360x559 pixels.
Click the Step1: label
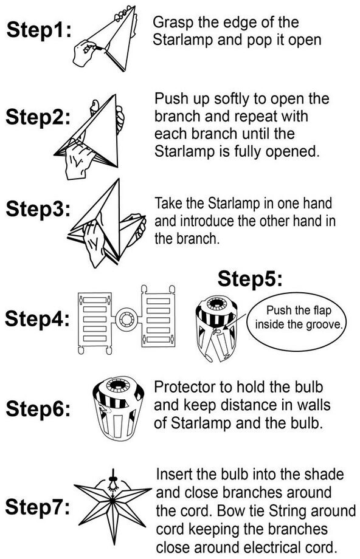[39, 29]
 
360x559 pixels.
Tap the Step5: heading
[250, 278]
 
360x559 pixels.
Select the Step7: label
[38, 506]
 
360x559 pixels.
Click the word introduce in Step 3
[207, 221]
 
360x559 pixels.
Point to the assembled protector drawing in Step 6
[118, 408]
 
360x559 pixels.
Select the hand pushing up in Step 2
[79, 158]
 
